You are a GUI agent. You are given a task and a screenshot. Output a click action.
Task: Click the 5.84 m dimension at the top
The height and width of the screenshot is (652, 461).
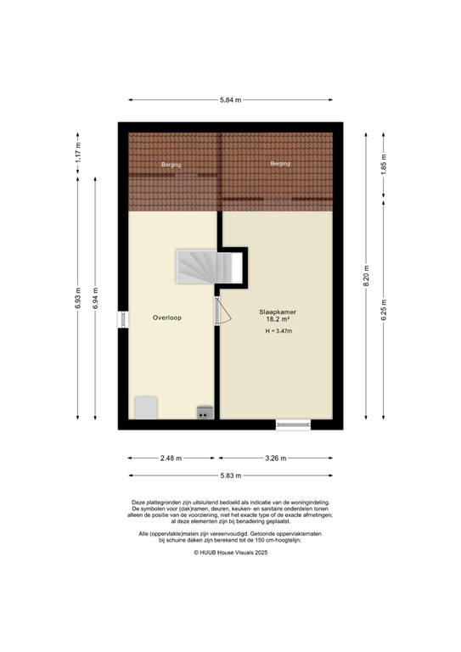click(x=230, y=100)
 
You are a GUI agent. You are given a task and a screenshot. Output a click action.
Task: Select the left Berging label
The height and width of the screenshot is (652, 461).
click(x=171, y=165)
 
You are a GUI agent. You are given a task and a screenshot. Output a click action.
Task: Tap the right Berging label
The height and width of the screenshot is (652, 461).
click(x=280, y=163)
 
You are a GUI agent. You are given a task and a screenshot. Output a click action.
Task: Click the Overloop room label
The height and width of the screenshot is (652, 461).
click(x=167, y=318)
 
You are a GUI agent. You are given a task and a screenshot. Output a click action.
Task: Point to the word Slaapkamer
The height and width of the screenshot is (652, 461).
click(x=278, y=312)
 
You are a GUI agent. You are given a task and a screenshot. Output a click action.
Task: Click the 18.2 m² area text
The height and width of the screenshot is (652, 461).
click(x=278, y=321)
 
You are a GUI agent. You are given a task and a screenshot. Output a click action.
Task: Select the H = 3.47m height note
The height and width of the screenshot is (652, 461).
click(x=278, y=332)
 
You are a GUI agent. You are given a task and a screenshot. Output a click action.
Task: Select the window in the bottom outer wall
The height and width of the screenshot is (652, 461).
click(x=293, y=424)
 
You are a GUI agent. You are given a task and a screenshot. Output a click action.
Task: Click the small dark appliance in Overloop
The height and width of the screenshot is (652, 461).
click(x=205, y=412)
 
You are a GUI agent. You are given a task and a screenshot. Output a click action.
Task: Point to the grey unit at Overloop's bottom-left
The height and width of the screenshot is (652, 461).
click(x=146, y=407)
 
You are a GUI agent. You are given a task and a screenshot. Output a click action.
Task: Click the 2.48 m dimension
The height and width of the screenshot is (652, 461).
click(x=171, y=458)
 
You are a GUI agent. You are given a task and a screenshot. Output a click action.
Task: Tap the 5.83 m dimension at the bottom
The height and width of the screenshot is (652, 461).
click(x=230, y=475)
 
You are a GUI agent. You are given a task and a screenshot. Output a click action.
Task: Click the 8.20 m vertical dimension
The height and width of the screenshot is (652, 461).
click(x=366, y=276)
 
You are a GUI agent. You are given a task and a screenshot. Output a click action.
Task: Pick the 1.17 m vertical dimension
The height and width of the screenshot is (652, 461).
click(x=77, y=154)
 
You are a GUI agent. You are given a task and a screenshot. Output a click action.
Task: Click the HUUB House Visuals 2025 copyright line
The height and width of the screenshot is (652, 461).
click(x=230, y=552)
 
